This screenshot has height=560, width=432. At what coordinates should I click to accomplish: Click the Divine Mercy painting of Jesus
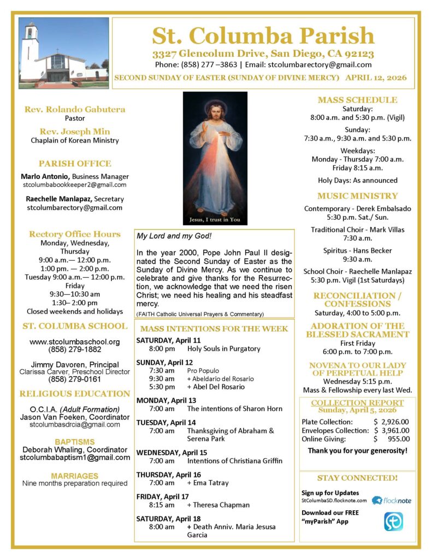click(215, 153)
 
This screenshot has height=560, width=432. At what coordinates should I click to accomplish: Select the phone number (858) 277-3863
click(208, 65)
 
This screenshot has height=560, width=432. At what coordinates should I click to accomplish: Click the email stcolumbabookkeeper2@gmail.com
click(74, 185)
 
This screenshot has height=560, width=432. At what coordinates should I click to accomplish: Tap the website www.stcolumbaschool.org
click(75, 342)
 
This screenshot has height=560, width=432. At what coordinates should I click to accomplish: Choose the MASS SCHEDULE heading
click(357, 100)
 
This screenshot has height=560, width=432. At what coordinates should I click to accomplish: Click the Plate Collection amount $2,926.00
click(392, 422)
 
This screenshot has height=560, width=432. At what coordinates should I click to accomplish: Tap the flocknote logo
click(392, 500)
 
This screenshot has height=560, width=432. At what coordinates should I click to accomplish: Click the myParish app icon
click(393, 521)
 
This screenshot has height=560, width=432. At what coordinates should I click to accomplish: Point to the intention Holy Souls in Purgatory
click(224, 348)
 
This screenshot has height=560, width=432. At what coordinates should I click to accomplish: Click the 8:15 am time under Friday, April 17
click(162, 505)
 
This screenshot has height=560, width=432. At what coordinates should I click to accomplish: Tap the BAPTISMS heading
click(74, 441)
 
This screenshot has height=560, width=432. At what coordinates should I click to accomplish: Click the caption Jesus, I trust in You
click(215, 220)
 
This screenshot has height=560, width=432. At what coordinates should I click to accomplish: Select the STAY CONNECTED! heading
click(357, 478)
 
